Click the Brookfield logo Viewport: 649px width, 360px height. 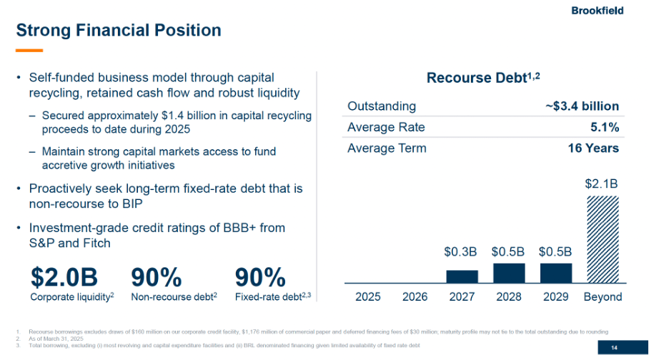597,10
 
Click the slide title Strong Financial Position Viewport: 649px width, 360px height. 119,31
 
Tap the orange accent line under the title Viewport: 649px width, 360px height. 29,51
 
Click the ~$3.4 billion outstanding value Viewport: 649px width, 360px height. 582,106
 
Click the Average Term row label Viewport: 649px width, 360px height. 387,149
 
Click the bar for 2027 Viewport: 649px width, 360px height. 462,276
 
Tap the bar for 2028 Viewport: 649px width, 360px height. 508,273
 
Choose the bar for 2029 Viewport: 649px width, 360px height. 555,273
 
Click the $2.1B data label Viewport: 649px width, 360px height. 602,184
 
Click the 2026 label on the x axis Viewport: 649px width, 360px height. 415,296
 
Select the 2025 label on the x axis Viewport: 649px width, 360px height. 368,296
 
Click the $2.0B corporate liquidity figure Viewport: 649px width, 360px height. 64,277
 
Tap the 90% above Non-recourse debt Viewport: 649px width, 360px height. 156,277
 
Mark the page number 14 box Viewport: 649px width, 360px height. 613,348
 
